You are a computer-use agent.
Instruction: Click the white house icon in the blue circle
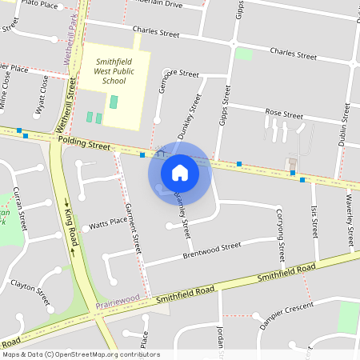pyautogui.click(x=179, y=172)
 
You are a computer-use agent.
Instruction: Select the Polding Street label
pyautogui.click(x=84, y=142)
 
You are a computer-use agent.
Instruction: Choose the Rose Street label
pyautogui.click(x=283, y=114)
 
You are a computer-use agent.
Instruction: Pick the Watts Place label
pyautogui.click(x=108, y=222)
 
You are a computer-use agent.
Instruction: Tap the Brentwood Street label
pyautogui.click(x=211, y=251)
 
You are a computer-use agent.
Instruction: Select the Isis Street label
pyautogui.click(x=314, y=224)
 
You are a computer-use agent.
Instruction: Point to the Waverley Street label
pyautogui.click(x=350, y=222)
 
